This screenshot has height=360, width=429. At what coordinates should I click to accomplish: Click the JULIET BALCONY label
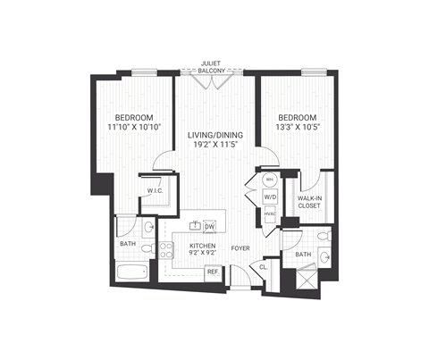(x=214, y=67)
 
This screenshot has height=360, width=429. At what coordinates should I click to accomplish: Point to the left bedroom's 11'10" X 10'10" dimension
(x=132, y=129)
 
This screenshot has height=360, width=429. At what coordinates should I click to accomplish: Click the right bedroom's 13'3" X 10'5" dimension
(x=299, y=129)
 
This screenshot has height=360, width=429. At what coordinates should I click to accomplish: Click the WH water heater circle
(x=270, y=180)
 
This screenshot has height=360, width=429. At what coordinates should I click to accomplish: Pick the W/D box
(x=270, y=196)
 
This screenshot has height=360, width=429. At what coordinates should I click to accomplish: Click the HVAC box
(x=270, y=213)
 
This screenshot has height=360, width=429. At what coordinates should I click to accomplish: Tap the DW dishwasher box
(x=210, y=227)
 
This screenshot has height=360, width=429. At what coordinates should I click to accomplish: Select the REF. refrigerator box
(x=212, y=272)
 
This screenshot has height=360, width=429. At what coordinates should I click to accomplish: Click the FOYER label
(x=240, y=247)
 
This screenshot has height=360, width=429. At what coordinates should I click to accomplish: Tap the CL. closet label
(x=264, y=265)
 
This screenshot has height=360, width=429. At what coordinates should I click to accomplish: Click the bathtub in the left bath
(x=135, y=272)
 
